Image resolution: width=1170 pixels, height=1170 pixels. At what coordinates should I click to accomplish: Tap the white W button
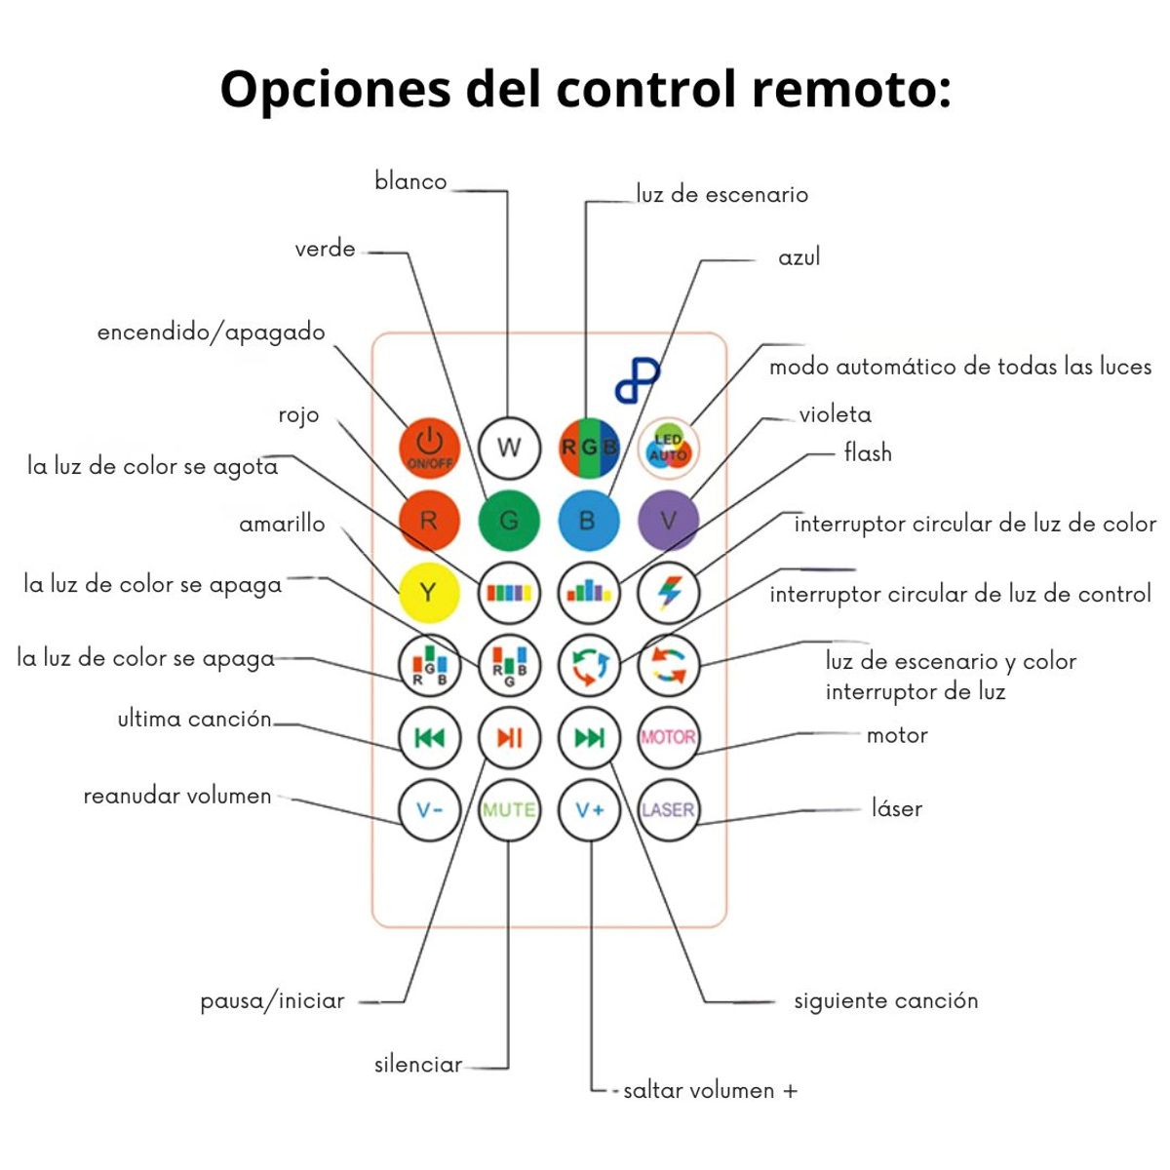tap(509, 448)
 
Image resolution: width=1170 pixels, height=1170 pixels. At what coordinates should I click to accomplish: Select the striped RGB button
tap(589, 448)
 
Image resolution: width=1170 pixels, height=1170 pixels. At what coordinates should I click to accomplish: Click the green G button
tap(509, 521)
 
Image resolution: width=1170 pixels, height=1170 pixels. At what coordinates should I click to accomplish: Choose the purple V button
tap(668, 521)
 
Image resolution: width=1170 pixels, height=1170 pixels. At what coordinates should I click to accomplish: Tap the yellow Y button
tap(429, 593)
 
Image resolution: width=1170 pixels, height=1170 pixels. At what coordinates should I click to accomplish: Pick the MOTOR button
tap(668, 737)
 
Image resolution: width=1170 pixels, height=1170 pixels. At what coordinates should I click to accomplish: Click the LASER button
tap(668, 809)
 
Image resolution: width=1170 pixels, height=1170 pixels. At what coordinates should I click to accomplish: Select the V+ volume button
tap(589, 809)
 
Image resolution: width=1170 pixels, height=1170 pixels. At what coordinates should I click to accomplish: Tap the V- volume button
tap(429, 809)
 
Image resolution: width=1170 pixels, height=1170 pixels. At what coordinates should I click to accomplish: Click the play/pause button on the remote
tap(509, 737)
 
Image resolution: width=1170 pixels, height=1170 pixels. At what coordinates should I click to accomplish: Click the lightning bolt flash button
tap(668, 593)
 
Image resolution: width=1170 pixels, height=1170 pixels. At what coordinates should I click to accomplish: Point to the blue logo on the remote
tap(638, 380)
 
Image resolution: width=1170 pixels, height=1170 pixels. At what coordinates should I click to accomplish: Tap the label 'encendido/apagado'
tap(211, 332)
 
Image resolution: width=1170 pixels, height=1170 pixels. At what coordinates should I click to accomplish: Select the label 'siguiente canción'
tap(885, 1001)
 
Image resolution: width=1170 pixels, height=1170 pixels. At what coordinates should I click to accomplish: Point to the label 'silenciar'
tap(418, 1065)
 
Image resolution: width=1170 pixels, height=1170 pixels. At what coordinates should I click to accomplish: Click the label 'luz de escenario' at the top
tap(721, 195)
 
